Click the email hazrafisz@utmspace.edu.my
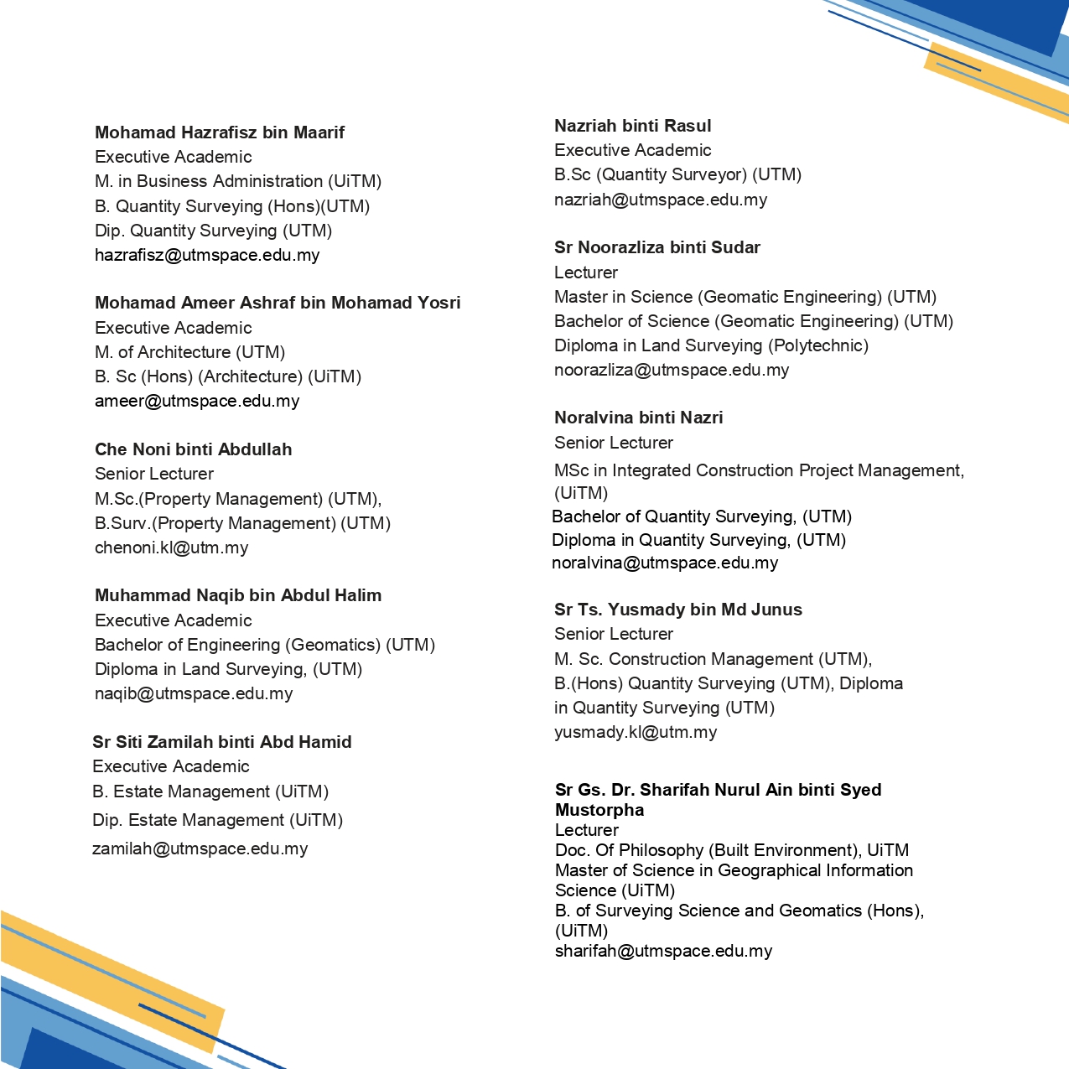pyautogui.click(x=207, y=255)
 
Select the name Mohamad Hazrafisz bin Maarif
pyautogui.click(x=220, y=132)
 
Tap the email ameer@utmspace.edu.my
pyautogui.click(x=197, y=401)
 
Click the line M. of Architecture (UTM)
pyautogui.click(x=190, y=352)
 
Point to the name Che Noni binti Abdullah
pyautogui.click(x=194, y=449)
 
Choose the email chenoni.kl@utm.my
pyautogui.click(x=172, y=547)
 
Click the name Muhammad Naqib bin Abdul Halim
pyautogui.click(x=238, y=595)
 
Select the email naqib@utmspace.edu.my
pyautogui.click(x=194, y=693)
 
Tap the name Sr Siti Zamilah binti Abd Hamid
pyautogui.click(x=222, y=742)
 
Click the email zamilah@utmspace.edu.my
pyautogui.click(x=200, y=848)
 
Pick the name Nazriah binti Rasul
pyautogui.click(x=633, y=126)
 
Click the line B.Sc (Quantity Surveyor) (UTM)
pyautogui.click(x=677, y=174)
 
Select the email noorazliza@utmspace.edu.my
pyautogui.click(x=672, y=370)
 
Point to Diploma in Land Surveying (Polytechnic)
pyautogui.click(x=711, y=345)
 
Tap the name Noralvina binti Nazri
pyautogui.click(x=639, y=418)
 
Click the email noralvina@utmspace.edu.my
pyautogui.click(x=665, y=563)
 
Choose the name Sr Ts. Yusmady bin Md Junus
pyautogui.click(x=678, y=610)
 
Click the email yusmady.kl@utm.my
pyautogui.click(x=636, y=732)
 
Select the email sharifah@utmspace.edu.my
pyautogui.click(x=663, y=951)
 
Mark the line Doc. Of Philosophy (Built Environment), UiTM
pyautogui.click(x=732, y=850)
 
